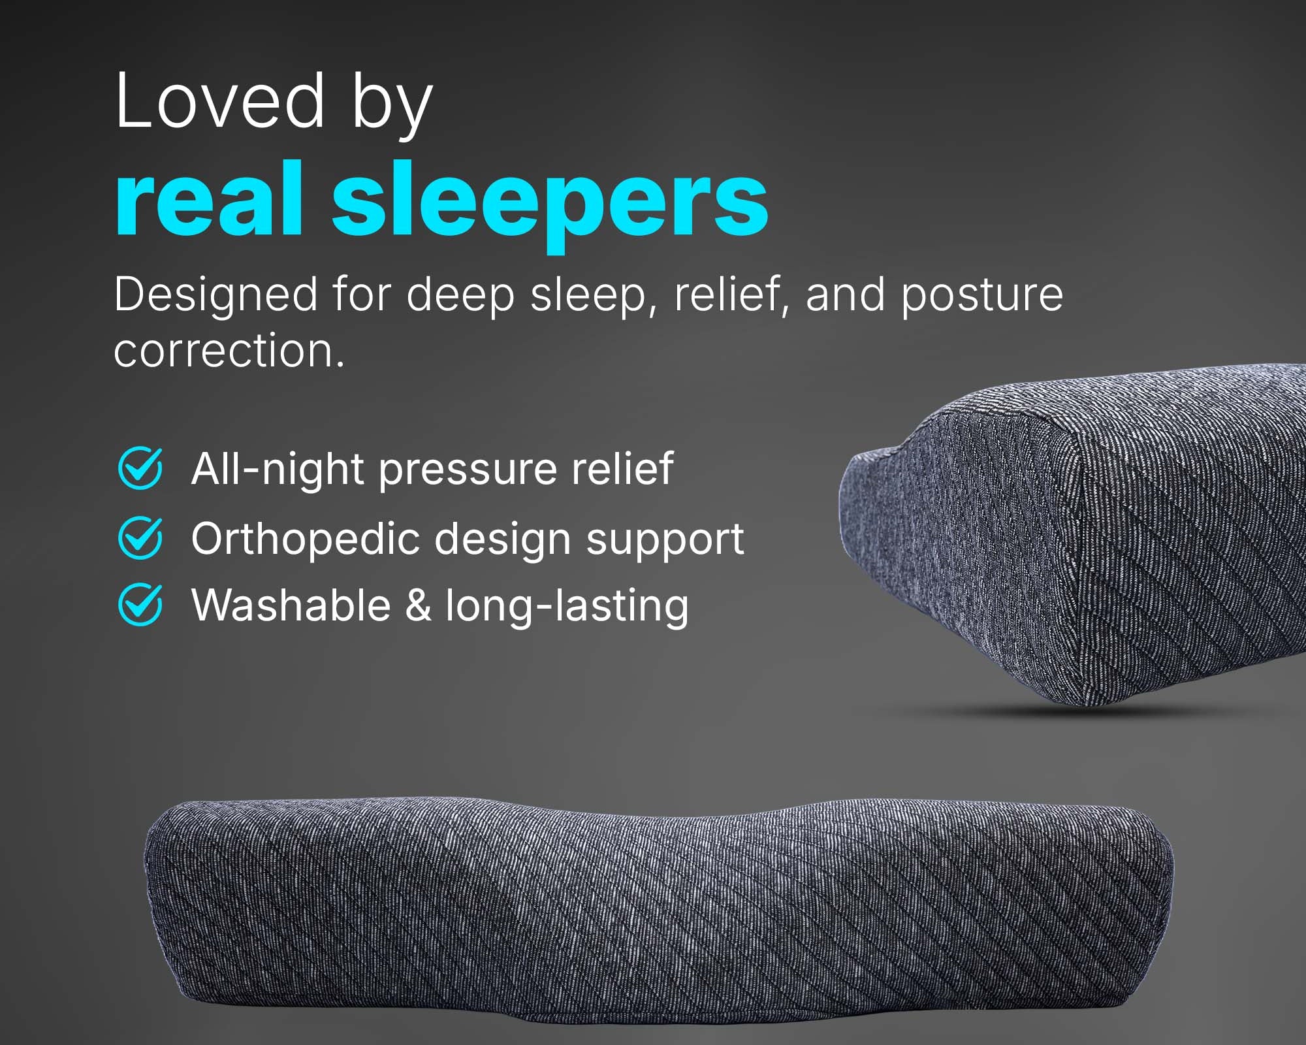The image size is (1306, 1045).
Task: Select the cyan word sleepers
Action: pyautogui.click(x=550, y=206)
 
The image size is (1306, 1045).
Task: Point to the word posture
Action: pyautogui.click(x=982, y=296)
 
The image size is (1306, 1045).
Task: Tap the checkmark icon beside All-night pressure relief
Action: pyautogui.click(x=140, y=468)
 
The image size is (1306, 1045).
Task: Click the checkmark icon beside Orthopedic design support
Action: pyautogui.click(x=140, y=538)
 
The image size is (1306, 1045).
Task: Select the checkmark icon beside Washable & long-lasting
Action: pyautogui.click(x=140, y=604)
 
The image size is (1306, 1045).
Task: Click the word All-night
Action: pyautogui.click(x=278, y=468)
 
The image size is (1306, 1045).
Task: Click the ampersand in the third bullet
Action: pyautogui.click(x=419, y=605)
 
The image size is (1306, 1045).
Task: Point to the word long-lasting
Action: pyautogui.click(x=567, y=606)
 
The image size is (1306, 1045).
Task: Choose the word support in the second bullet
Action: pyautogui.click(x=665, y=541)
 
